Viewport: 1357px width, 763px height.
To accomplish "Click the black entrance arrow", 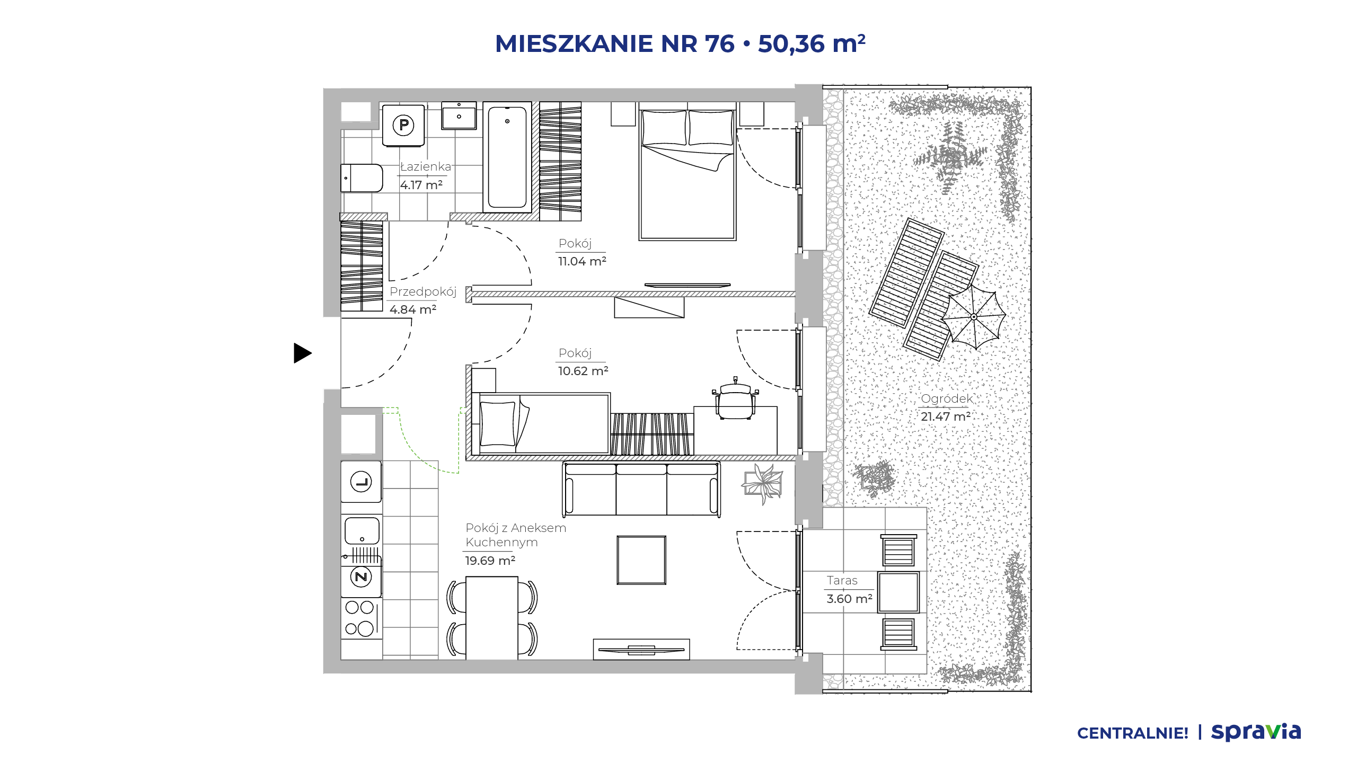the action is point(302,353).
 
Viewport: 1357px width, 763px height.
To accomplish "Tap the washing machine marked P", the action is point(403,126).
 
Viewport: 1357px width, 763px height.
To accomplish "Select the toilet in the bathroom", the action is point(362,178).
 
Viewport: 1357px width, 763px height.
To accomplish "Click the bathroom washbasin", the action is point(459,116).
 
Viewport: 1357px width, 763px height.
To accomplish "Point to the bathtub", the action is point(507,157).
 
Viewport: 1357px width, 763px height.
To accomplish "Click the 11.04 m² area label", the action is point(582,261).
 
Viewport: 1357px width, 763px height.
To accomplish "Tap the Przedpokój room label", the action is point(423,291).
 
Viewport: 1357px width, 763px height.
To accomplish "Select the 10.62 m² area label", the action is point(583,371).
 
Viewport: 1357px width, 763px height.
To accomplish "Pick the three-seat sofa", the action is point(641,489).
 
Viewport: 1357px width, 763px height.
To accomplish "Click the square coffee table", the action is point(641,560).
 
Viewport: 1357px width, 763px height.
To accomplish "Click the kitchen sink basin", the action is point(362,530).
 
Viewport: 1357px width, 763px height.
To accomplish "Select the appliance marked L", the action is point(361,482).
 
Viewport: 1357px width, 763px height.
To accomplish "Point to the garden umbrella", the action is point(974,317).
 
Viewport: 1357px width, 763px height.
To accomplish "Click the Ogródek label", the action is point(947,398).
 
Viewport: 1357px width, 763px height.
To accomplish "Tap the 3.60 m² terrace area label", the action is point(849,599).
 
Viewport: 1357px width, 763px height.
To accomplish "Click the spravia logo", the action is point(1256,732).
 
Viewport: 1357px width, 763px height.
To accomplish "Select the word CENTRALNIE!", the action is point(1133,733).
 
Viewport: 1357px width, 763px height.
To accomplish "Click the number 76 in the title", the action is point(720,44).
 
